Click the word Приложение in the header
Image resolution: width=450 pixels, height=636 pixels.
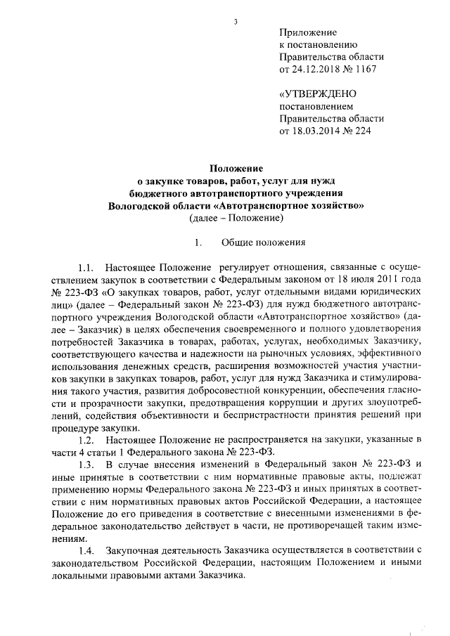coord(308,33)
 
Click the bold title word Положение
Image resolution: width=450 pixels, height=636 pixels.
coord(237,169)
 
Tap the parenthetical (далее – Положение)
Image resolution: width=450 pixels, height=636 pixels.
coord(236,219)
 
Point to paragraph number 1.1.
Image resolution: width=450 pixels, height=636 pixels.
coord(86,267)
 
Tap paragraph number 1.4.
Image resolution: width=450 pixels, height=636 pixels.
coord(86,550)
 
